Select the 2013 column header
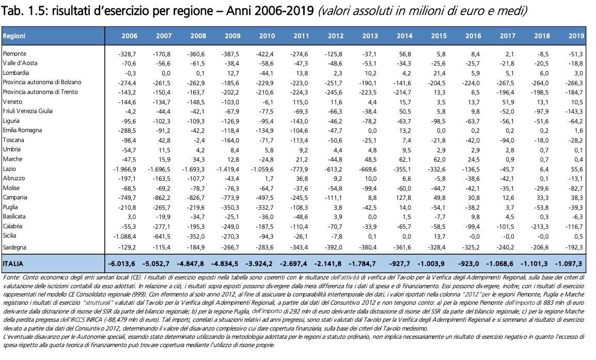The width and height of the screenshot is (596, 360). click(370, 36)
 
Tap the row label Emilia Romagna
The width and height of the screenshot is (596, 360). click(22, 130)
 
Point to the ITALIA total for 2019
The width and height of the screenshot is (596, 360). click(569, 263)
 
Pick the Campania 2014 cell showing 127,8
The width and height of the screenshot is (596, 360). click(404, 198)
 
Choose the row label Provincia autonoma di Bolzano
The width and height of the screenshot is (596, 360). click(42, 82)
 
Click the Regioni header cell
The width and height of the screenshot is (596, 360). click(14, 36)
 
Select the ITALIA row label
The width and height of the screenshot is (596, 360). click(13, 263)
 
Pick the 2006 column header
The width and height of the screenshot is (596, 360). click(129, 36)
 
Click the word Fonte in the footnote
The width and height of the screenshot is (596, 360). click(10, 277)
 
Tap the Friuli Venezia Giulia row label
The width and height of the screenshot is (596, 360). click(28, 111)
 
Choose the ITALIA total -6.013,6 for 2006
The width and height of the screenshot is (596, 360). click(122, 263)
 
